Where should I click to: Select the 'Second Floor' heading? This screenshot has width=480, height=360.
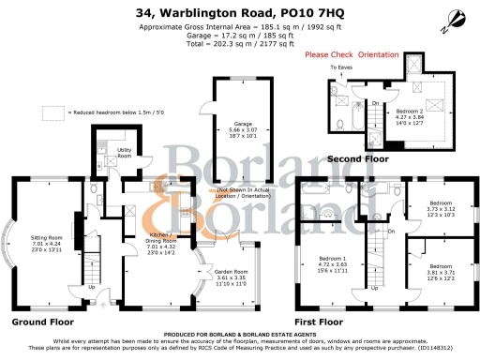(357, 159)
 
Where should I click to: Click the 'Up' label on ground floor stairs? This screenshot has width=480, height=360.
(91, 287)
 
